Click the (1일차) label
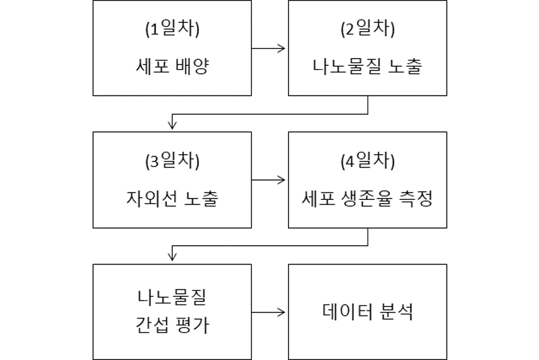tap(172, 29)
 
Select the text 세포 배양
tap(172, 66)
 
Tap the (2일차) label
tap(368, 29)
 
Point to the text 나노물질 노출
tap(368, 66)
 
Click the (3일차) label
tap(172, 161)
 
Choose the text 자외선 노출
tap(172, 198)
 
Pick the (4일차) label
tap(368, 161)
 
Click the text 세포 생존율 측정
tap(368, 198)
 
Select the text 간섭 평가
tap(172, 324)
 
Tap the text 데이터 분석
tap(368, 311)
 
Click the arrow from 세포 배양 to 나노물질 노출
tap(268, 49)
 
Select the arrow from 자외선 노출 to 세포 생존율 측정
tap(268, 180)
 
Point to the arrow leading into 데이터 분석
tap(268, 313)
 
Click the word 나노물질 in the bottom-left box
tap(172, 297)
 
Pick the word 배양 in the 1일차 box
tap(192, 66)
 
